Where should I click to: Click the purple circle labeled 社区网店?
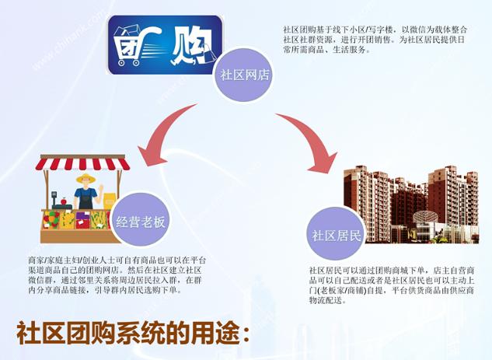coord(243,75)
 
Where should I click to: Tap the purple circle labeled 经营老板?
coord(140,221)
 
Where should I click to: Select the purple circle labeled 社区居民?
coord(336,235)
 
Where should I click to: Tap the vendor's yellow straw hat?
coord(85,179)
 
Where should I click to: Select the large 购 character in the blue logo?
coord(191,46)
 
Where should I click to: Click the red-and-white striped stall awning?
coord(82,163)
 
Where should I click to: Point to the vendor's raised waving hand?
coord(101,189)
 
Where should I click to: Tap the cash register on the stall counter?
coord(58,201)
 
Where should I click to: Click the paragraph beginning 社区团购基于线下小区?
coord(375,40)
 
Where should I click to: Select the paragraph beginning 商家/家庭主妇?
coord(117,275)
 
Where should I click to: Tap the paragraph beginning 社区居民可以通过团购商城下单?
coord(392,285)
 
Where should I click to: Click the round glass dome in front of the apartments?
coord(425,216)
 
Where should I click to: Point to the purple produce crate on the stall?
coord(83,219)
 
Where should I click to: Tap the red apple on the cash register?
coord(64,201)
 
